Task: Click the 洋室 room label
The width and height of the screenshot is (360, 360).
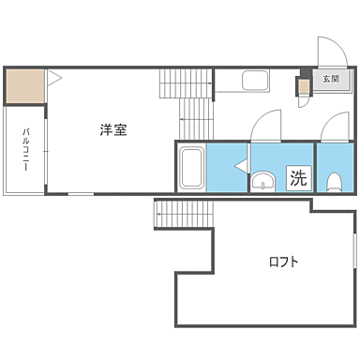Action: [113, 130]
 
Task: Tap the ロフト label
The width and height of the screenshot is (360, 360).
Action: [283, 262]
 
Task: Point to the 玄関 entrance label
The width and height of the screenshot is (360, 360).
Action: [331, 79]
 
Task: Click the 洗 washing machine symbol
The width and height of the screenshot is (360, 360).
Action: [297, 176]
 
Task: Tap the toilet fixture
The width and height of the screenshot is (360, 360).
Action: [335, 180]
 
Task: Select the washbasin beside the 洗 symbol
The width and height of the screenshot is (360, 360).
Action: [264, 180]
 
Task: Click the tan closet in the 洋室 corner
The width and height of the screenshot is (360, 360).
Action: [24, 87]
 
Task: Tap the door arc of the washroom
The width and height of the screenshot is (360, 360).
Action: [266, 126]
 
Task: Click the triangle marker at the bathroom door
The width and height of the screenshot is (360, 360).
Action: [242, 167]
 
